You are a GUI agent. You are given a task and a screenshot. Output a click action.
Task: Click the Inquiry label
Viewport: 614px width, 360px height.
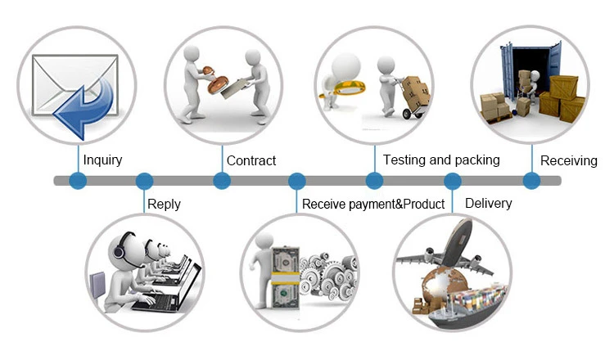[102, 160]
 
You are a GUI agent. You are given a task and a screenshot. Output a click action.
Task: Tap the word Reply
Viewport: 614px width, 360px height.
[164, 204]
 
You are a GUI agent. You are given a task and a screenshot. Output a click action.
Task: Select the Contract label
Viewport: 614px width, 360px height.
[251, 160]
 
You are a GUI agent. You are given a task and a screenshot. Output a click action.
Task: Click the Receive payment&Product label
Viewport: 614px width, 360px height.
[373, 204]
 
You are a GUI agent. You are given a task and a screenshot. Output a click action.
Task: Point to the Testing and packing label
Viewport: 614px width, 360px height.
[441, 160]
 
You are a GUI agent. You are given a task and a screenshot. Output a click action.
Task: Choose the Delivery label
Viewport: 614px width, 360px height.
[488, 203]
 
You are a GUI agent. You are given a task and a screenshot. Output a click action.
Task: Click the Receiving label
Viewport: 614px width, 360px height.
[569, 160]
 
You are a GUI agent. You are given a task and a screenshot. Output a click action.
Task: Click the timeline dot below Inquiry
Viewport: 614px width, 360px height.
[78, 181]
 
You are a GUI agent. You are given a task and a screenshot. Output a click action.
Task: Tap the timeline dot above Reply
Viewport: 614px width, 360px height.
[144, 181]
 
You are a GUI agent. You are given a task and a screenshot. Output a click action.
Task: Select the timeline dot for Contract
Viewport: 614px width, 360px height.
[221, 181]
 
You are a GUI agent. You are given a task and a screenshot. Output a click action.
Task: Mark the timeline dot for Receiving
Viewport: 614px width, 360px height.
[531, 181]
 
